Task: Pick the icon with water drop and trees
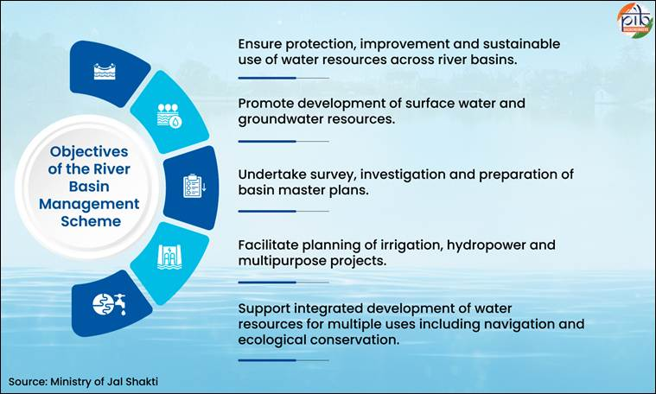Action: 169,117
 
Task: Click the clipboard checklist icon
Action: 192,186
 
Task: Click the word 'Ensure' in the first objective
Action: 259,44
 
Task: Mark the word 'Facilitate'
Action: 268,245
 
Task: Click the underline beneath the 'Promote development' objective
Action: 283,141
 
